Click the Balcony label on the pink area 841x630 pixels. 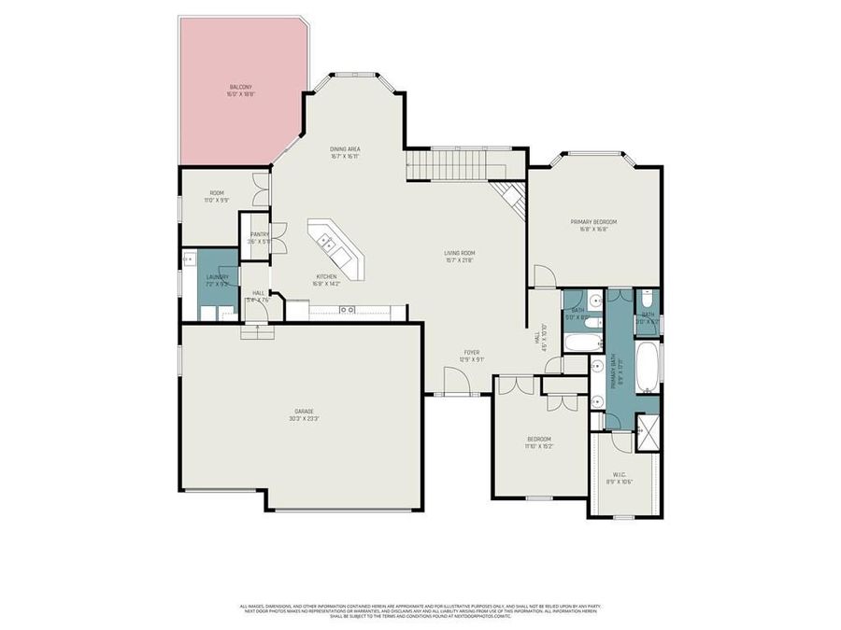(240, 91)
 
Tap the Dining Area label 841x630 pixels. (345, 153)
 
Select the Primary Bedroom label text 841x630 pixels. (593, 225)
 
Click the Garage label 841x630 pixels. (304, 414)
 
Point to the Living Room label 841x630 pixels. (460, 256)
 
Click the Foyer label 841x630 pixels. (472, 356)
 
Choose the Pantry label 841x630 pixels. (259, 238)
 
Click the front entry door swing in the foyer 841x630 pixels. (455, 379)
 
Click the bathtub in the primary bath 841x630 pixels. (647, 367)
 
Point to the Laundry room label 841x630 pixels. (218, 280)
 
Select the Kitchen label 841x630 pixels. (326, 280)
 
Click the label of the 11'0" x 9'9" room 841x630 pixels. (217, 196)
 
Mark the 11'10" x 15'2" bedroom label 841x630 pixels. (539, 442)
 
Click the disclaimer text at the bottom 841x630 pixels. (420, 611)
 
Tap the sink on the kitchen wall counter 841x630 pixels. (347, 309)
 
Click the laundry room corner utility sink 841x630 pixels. (189, 259)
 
